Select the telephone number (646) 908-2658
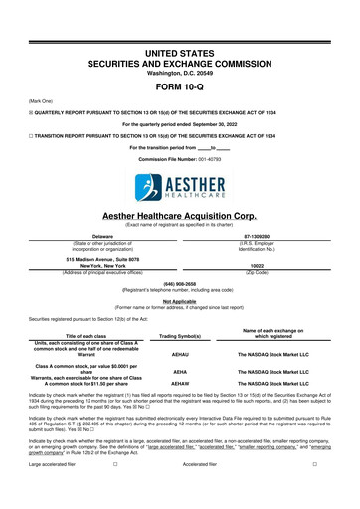tap(180, 280)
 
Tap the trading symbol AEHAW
tap(180, 410)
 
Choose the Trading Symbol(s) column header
tap(180, 336)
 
